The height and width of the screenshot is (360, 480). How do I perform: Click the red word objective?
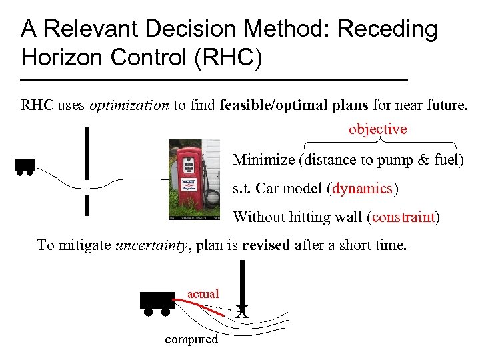coord(377,129)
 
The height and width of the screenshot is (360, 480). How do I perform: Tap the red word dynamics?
coord(363,189)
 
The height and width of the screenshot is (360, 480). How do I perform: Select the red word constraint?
coord(404,217)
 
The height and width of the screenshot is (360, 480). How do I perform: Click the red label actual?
coord(203,293)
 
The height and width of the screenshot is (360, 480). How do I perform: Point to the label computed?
coord(191,339)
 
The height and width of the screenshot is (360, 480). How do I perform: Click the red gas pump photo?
coord(194,179)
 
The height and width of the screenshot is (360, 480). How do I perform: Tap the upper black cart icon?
coord(25,166)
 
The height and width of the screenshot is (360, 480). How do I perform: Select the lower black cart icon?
coord(157,302)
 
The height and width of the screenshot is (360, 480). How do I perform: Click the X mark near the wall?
coord(242,311)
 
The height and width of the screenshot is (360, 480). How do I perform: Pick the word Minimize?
coord(263,160)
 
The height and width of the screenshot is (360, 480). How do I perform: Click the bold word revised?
coord(266,245)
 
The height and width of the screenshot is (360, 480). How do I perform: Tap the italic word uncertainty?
coord(152,245)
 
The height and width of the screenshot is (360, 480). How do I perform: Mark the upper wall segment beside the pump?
coord(87,153)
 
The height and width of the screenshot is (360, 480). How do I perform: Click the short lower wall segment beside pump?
coord(87,206)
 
